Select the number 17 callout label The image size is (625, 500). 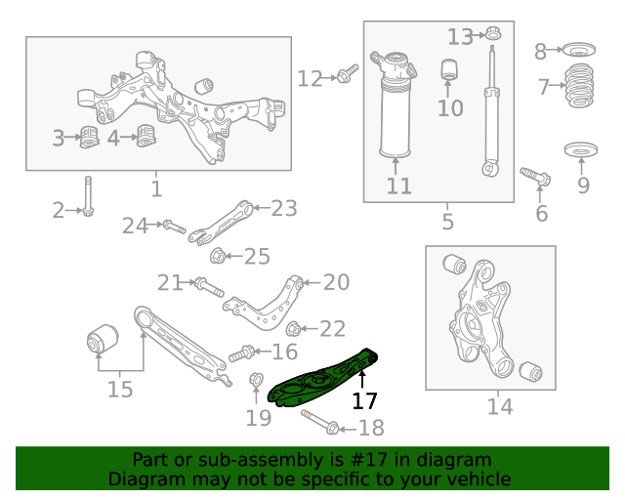[364, 400]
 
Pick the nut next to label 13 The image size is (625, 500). [493, 36]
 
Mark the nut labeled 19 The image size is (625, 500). [257, 380]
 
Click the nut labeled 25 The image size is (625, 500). [219, 257]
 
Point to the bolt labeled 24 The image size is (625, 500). [173, 227]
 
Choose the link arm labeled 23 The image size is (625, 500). [223, 222]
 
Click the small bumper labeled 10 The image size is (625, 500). [450, 70]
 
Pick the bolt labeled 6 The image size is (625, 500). [536, 177]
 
